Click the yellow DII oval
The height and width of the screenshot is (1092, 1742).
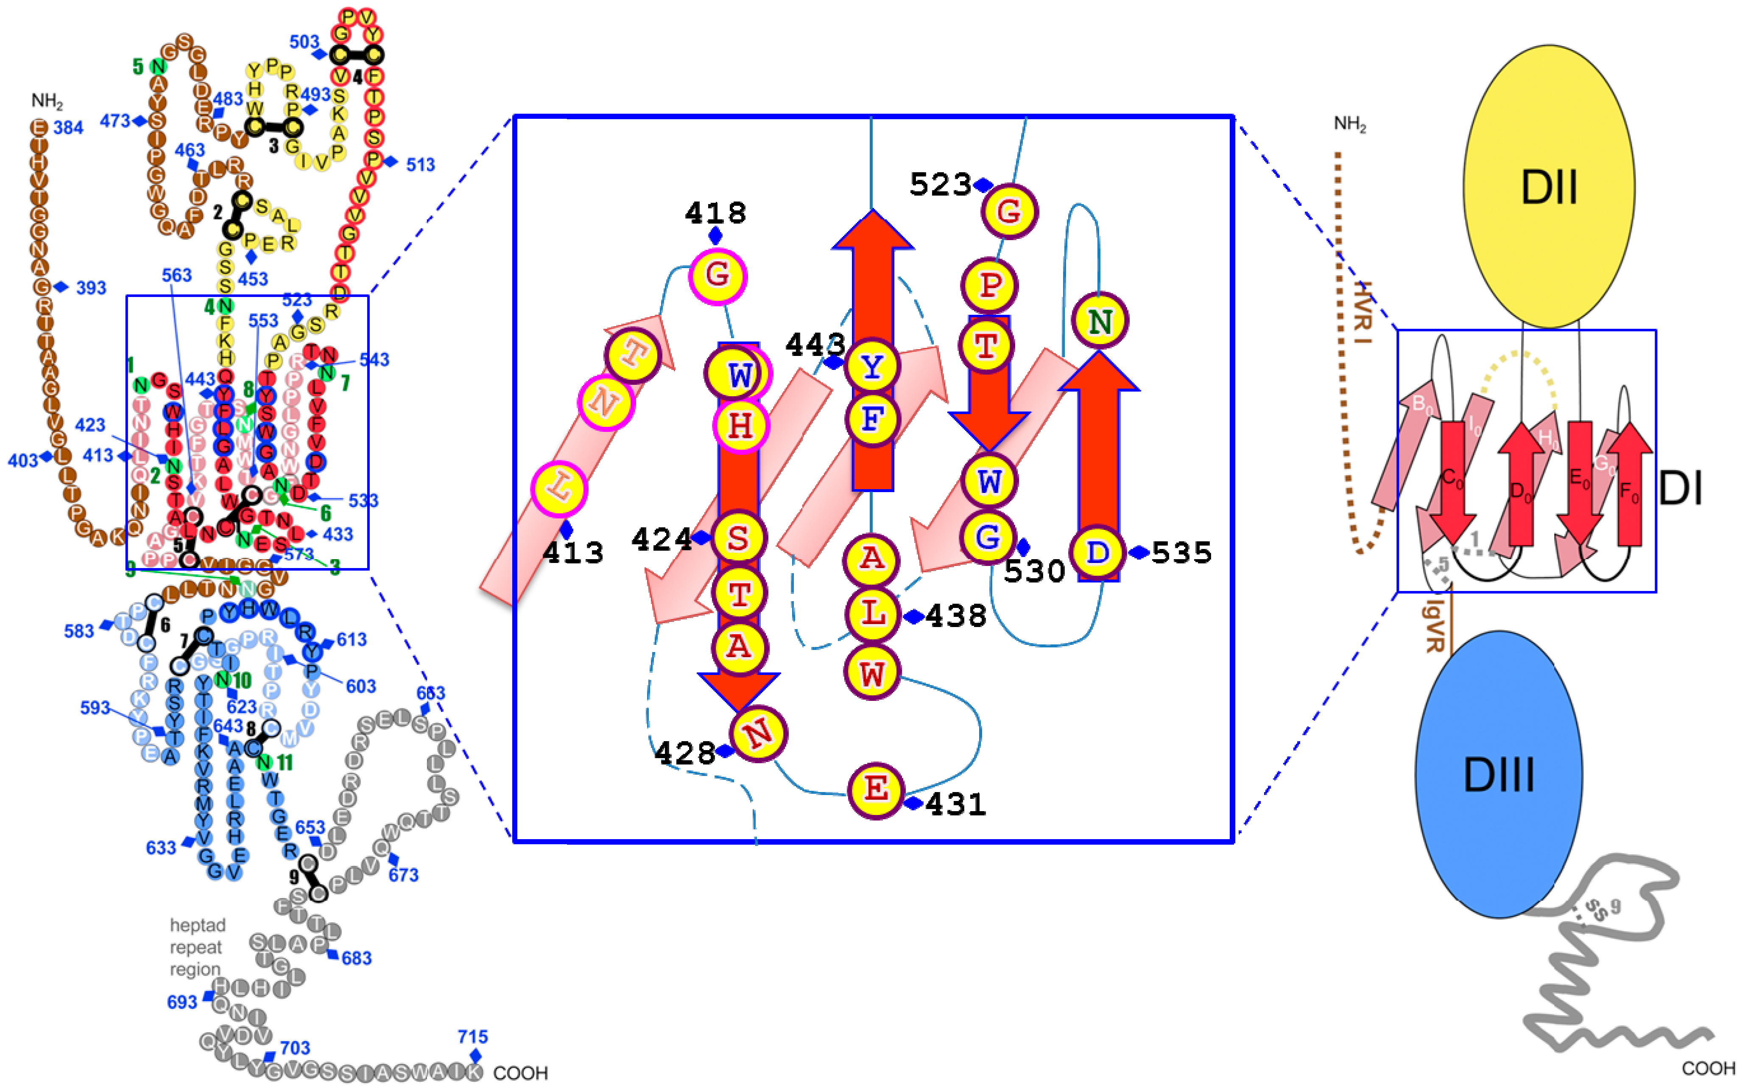point(1549,186)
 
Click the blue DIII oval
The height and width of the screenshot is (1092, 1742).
point(1498,774)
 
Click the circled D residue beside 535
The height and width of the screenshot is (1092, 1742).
point(1097,552)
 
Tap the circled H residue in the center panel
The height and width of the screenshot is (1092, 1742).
point(740,426)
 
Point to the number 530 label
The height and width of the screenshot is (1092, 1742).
point(1034,571)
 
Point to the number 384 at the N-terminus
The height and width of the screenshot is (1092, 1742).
point(69,128)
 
